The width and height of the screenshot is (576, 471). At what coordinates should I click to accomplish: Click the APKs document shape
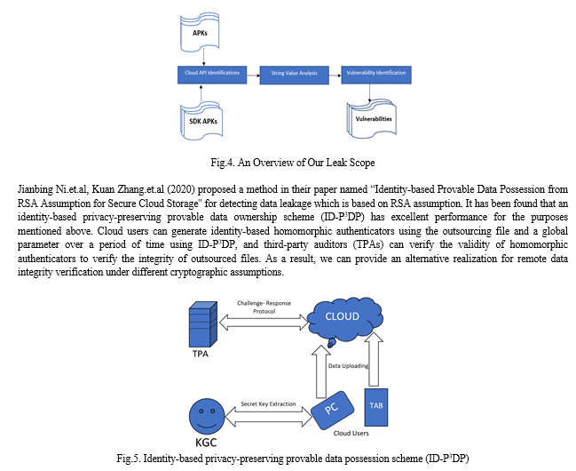[200, 31]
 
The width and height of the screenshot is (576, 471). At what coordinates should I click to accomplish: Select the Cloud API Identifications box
[212, 75]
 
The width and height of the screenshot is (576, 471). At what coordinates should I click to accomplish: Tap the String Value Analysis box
[295, 75]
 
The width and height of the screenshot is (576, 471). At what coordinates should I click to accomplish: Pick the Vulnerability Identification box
[376, 75]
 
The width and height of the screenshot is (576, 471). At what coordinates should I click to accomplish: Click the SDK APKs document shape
[201, 121]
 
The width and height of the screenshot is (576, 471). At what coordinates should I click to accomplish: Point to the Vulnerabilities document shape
[371, 118]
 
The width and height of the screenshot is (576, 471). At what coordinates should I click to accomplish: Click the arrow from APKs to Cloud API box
[203, 58]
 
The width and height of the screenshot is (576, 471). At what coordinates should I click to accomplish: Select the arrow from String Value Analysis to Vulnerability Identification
[335, 76]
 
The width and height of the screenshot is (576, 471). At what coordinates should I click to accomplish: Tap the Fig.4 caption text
[292, 163]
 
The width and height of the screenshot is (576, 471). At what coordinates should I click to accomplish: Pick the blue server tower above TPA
[202, 324]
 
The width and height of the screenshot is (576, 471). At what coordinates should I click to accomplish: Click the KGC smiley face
[207, 416]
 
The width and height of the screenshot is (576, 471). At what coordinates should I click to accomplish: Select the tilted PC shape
[332, 410]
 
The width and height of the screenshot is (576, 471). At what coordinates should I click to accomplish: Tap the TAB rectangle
[376, 407]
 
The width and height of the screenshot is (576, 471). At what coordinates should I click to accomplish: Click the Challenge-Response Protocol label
[264, 307]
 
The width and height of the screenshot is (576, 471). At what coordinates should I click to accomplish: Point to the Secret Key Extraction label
[268, 404]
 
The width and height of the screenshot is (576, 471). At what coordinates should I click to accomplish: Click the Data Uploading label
[348, 366]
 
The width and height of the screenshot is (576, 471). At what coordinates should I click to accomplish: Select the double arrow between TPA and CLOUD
[264, 323]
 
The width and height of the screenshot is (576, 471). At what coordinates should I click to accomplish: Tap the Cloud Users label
[351, 434]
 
